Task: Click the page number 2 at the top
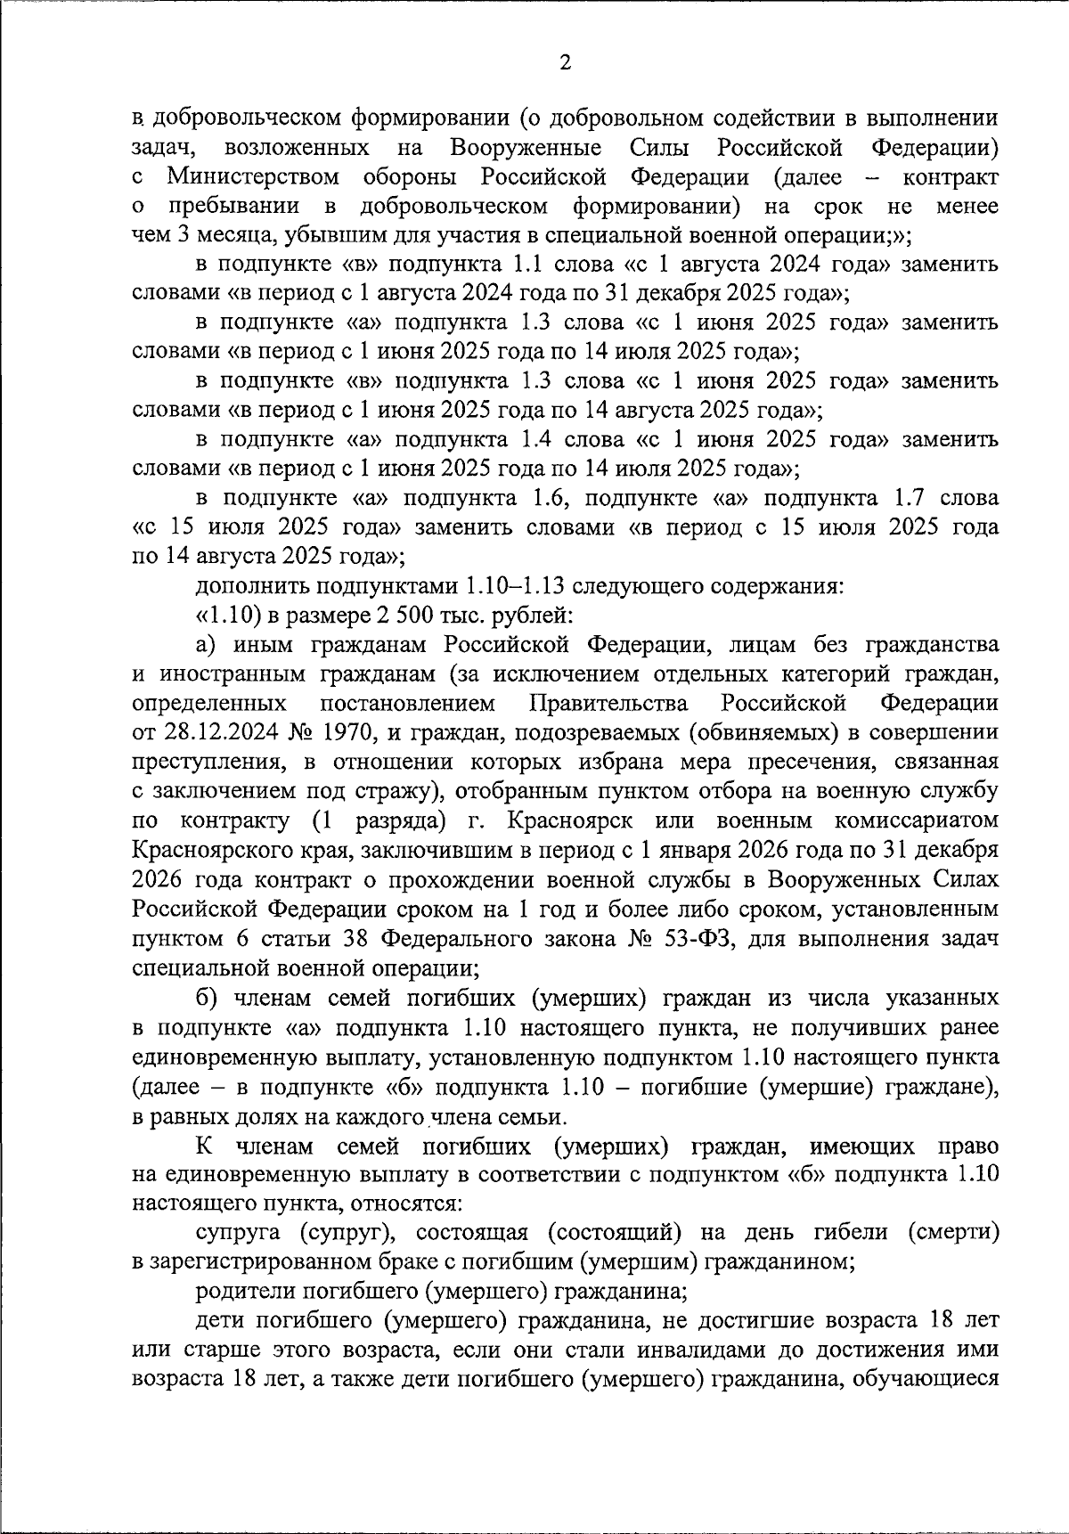(563, 61)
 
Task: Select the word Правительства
(608, 703)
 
